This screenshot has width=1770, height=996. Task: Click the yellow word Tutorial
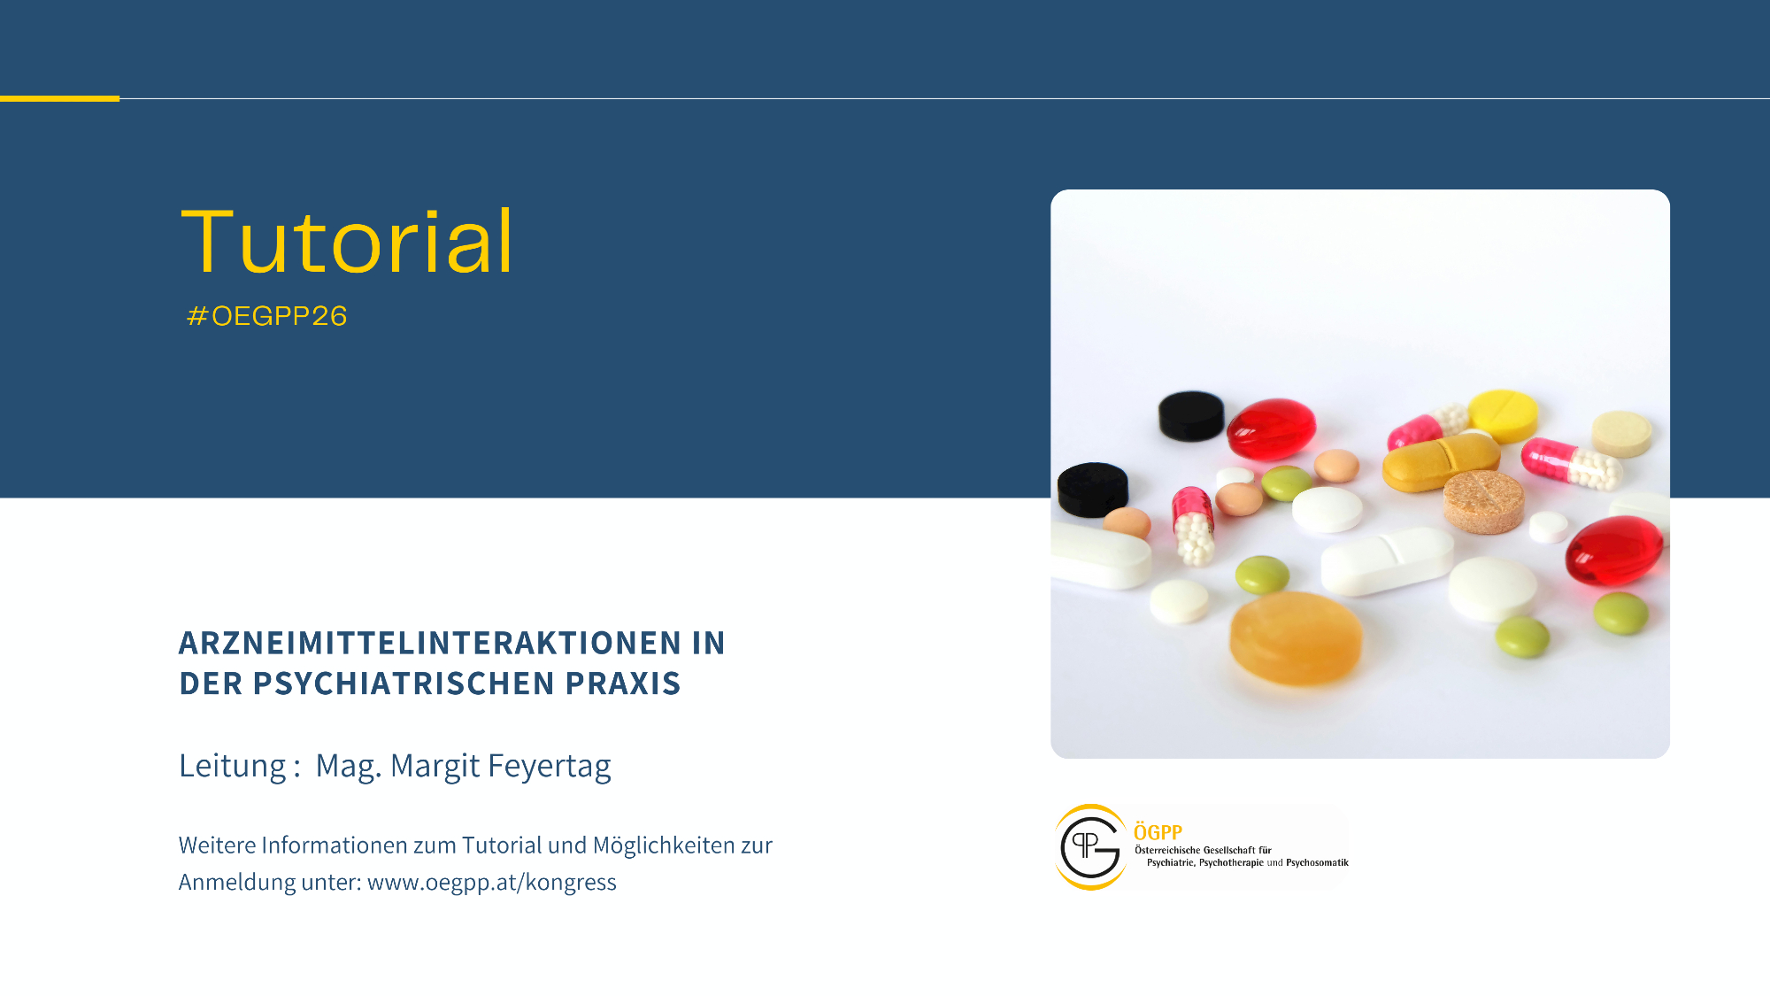347,241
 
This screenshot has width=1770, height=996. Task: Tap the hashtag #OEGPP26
267,316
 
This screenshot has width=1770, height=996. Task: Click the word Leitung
233,767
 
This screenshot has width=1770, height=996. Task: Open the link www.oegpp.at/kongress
492,883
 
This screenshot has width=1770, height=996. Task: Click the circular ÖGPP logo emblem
1090,847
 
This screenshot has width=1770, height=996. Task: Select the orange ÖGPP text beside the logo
1158,832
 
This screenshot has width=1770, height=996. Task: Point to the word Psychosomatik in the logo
1317,862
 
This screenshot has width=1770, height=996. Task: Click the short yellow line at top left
59,98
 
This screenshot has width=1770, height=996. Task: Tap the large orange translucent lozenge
1296,637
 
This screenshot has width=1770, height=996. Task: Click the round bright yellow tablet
1504,415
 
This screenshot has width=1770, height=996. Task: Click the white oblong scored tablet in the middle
1387,561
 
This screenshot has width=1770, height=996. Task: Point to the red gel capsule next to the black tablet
1272,429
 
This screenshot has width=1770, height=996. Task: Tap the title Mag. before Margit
349,767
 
